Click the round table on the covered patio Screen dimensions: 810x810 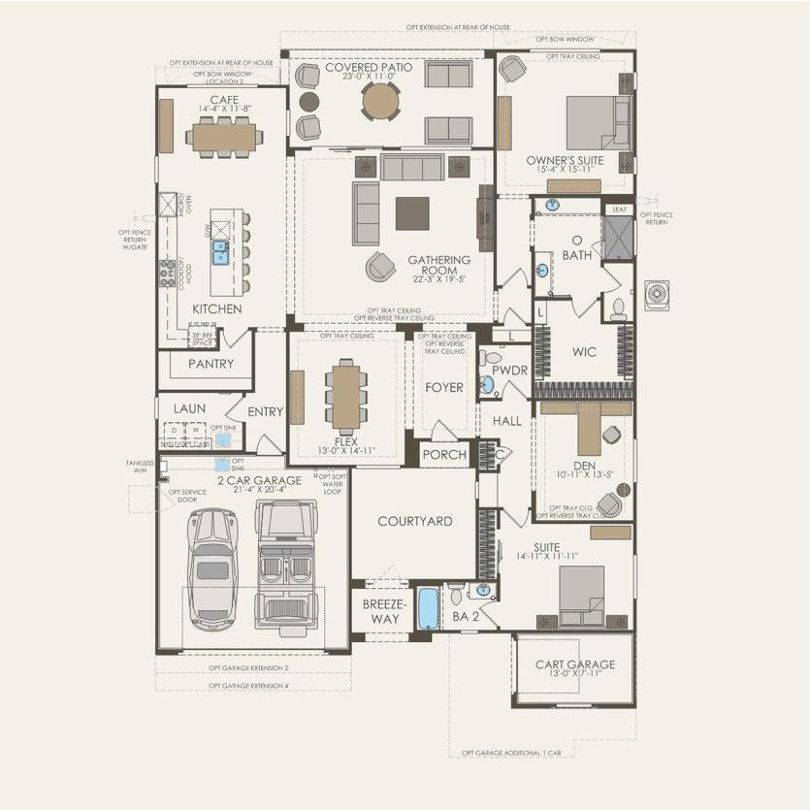tap(379, 101)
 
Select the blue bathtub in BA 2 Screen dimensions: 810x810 tap(428, 608)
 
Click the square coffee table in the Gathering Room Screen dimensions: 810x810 tap(411, 212)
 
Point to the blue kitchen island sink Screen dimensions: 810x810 tap(220, 252)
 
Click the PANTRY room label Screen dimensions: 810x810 tap(211, 364)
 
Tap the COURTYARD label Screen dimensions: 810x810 tap(414, 521)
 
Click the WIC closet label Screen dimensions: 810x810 tap(584, 352)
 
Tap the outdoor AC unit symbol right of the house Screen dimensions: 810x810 tap(657, 293)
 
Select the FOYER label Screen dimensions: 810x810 tap(444, 387)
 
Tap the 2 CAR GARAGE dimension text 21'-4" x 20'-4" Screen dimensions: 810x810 tap(259, 490)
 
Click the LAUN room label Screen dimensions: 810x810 tap(189, 408)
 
